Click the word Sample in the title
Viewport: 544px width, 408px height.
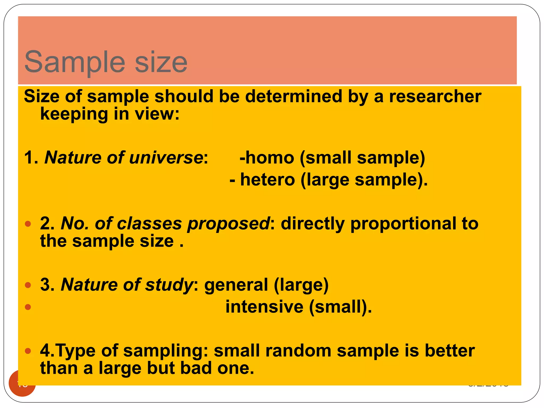point(75,62)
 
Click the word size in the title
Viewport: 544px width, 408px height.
point(161,62)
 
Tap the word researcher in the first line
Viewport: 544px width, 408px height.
point(435,96)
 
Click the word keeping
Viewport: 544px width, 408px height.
point(74,114)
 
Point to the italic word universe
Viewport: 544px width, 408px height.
point(166,158)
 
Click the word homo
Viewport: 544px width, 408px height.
point(269,158)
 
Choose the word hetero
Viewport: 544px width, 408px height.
point(267,180)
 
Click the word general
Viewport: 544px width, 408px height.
point(236,285)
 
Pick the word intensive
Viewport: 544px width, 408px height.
point(264,307)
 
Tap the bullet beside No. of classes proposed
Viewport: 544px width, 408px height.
point(28,224)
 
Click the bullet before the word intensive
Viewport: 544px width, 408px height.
point(28,307)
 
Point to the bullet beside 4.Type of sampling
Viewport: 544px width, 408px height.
point(28,351)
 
